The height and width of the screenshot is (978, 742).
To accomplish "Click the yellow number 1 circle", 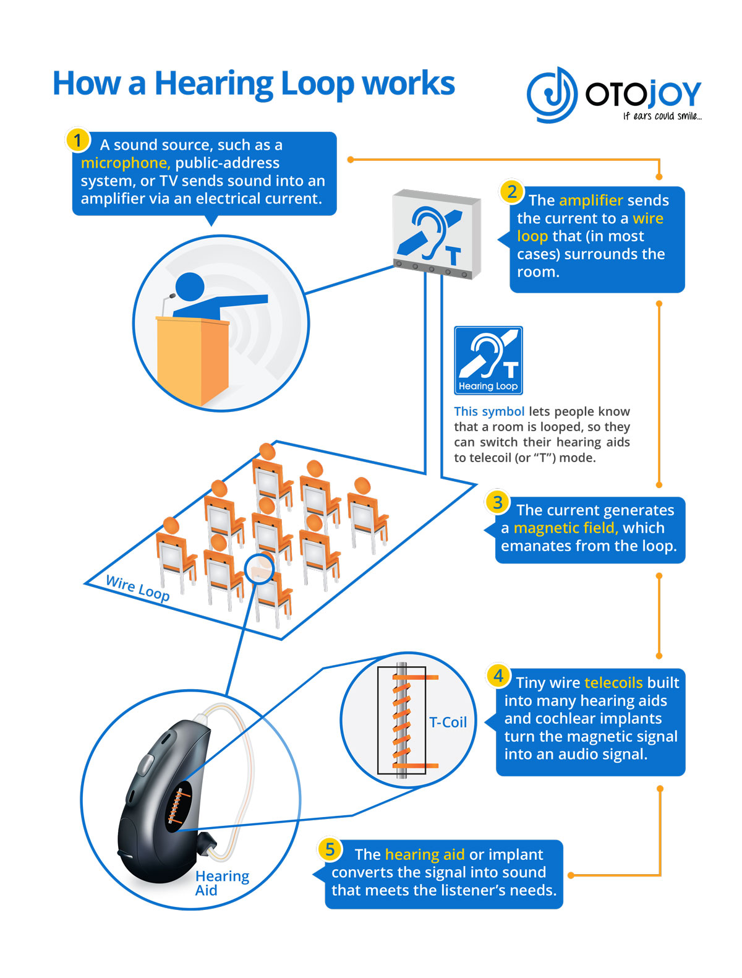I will pos(77,140).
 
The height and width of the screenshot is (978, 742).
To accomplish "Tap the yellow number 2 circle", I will pos(512,192).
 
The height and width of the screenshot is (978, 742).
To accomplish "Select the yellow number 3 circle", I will pos(498,502).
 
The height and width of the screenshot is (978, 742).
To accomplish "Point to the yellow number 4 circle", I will pos(498,676).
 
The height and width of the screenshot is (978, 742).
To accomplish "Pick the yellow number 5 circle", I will pos(330,849).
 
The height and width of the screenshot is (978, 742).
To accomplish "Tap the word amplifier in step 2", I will pos(591,200).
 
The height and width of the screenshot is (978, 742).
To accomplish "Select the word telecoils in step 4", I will pos(613,682).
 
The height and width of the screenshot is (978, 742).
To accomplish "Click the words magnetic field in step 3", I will pos(566,528).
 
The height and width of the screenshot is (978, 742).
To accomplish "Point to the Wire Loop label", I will pos(137,588).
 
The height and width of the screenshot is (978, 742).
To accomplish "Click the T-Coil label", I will pos(448,722).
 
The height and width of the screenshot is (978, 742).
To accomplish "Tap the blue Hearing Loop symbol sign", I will pos(488,360).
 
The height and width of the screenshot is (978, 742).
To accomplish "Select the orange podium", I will pos(192,359).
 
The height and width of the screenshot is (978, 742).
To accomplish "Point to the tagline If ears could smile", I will pos(662,116).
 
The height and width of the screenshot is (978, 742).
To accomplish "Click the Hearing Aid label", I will pos(221,883).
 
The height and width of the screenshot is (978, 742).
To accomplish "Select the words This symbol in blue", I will pos(488,411).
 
